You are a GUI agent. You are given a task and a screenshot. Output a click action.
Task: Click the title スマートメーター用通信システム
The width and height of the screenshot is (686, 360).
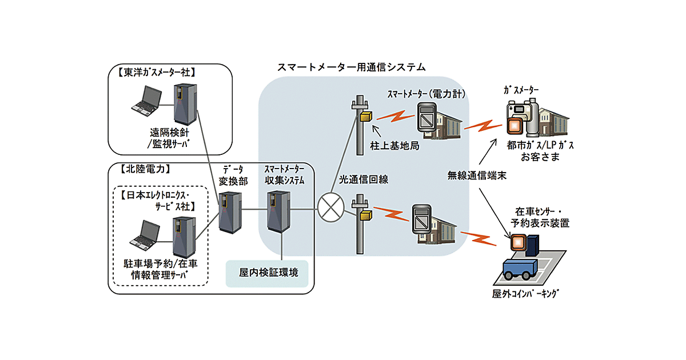pyautogui.click(x=351, y=67)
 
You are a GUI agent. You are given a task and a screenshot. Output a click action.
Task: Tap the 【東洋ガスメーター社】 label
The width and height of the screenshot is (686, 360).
pyautogui.click(x=154, y=73)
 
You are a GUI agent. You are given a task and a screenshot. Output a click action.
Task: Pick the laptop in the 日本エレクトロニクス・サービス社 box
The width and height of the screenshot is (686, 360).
pyautogui.click(x=143, y=235)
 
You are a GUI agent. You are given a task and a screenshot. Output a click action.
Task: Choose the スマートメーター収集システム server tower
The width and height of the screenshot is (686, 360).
pyautogui.click(x=280, y=210)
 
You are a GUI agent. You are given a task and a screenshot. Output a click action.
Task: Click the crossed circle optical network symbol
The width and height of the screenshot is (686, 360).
pyautogui.click(x=329, y=209)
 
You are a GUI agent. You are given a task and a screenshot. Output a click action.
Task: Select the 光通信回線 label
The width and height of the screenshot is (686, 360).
pyautogui.click(x=364, y=179)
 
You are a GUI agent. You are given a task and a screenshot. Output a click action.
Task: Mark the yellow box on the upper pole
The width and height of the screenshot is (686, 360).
pyautogui.click(x=365, y=116)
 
